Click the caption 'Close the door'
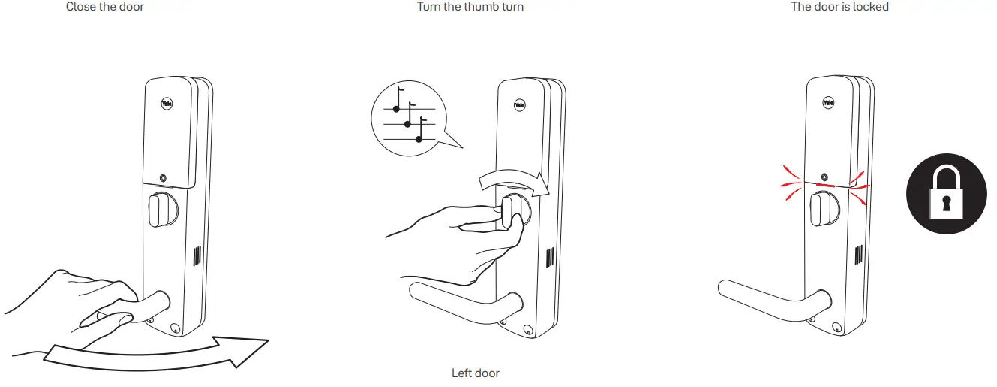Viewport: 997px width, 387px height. (105, 7)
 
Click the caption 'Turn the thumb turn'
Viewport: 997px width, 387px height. (470, 7)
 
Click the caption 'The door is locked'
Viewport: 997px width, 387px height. (839, 7)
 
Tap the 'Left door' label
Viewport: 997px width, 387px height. (475, 373)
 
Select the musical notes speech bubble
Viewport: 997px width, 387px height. (405, 116)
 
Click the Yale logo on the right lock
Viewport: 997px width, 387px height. (828, 103)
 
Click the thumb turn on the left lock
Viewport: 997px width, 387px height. (158, 210)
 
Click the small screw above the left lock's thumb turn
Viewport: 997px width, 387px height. (163, 178)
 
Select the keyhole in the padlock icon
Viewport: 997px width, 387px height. (944, 202)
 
